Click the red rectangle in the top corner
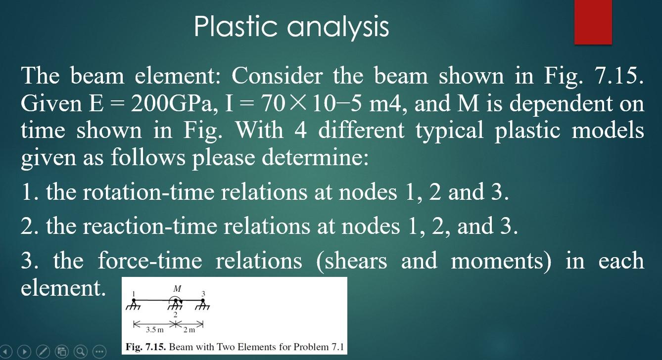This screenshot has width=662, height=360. pos(593,22)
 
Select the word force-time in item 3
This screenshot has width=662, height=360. pos(149,261)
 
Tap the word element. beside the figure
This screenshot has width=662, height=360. pos(63,287)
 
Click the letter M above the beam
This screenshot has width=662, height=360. pos(177,288)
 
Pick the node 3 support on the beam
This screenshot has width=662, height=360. pos(203,304)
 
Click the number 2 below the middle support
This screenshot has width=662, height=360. pos(175,315)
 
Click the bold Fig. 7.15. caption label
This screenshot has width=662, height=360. pos(146,347)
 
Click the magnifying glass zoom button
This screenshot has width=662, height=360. pos(81,352)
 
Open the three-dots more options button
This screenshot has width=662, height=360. pos(99,352)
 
